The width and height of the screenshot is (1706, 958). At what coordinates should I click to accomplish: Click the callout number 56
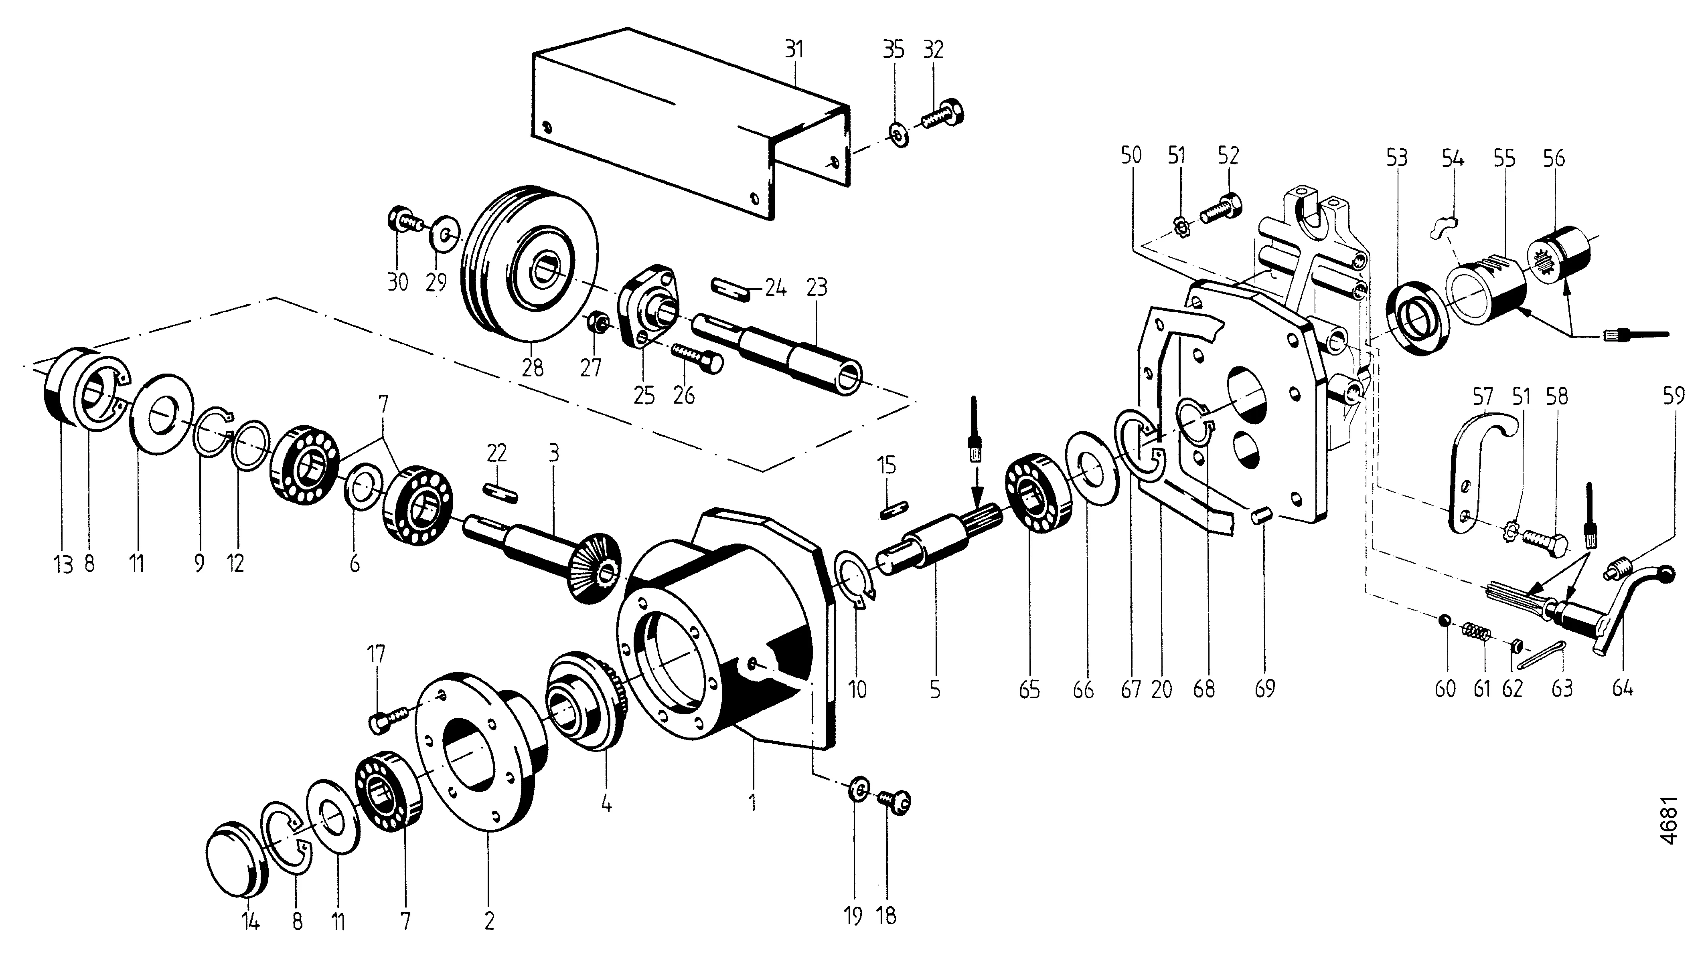click(1553, 158)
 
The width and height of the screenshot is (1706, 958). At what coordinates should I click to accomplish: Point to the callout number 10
click(857, 690)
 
